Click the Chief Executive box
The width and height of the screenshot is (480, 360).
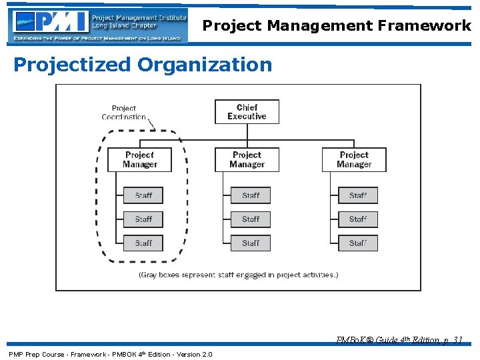(247, 112)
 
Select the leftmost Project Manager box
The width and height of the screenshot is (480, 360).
(140, 160)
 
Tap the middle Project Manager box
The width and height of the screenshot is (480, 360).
(247, 160)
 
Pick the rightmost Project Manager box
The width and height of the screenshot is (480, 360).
(354, 160)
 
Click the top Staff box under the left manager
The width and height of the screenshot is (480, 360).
(143, 195)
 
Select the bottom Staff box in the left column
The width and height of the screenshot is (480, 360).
(143, 243)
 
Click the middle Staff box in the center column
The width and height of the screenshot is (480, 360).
(251, 219)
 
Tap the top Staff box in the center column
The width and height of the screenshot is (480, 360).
(251, 195)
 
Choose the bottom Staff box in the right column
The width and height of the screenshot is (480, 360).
(358, 243)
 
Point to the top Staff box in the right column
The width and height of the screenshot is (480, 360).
(358, 195)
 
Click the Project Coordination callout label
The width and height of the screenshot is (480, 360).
(123, 113)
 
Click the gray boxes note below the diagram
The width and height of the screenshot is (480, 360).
(238, 275)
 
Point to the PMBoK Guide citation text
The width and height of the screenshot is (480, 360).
(399, 340)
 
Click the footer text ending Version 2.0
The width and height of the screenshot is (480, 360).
(110, 354)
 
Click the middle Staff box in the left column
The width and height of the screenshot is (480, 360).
(143, 219)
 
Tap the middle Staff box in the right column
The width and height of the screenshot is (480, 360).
(358, 219)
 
